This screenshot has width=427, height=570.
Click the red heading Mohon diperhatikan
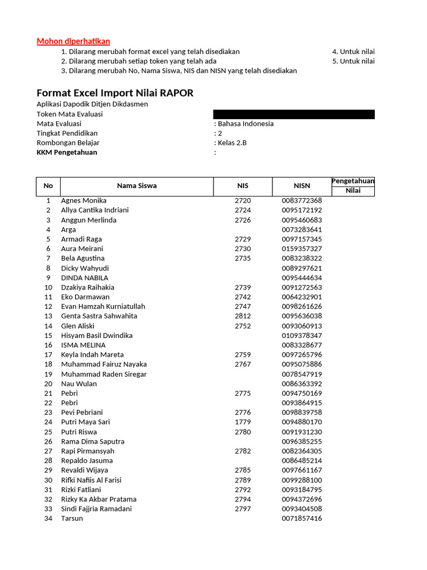(73, 41)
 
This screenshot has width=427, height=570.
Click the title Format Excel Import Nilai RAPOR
(115, 93)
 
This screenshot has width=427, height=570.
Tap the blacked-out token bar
(294, 114)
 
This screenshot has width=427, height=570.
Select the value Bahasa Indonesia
(245, 124)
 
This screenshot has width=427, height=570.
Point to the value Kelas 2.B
(232, 142)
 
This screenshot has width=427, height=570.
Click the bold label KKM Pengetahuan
(67, 152)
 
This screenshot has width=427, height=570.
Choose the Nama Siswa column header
(137, 186)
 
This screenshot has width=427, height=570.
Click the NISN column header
(302, 186)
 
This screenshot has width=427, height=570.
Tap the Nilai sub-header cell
(353, 191)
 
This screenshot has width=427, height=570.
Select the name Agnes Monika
(84, 200)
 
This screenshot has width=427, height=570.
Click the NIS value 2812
(243, 316)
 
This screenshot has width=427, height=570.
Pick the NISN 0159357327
(302, 248)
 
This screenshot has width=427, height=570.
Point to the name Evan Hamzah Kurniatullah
(103, 306)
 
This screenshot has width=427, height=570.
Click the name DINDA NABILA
(85, 277)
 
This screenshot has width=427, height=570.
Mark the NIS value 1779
(243, 422)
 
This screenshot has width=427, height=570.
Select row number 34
(48, 518)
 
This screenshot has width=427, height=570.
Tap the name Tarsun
(72, 518)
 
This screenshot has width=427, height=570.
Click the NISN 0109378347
(302, 335)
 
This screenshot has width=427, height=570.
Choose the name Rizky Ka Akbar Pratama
(98, 499)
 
